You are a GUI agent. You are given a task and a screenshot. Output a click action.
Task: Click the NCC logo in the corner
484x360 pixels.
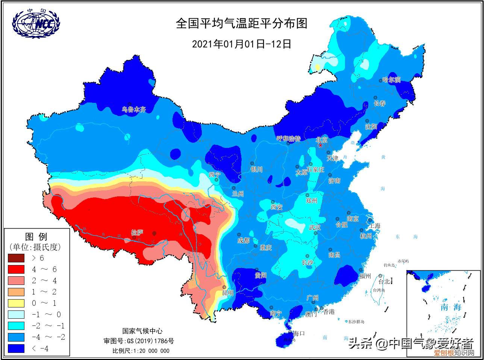pyautogui.click(x=36, y=24)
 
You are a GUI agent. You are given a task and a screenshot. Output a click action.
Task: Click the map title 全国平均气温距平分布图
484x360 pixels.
pyautogui.click(x=242, y=23)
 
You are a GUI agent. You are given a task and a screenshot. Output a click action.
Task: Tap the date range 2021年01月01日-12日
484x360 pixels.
pyautogui.click(x=242, y=44)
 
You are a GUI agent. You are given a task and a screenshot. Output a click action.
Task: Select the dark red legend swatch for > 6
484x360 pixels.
pyautogui.click(x=16, y=258)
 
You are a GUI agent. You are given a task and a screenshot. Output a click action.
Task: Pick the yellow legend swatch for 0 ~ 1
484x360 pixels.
pyautogui.click(x=16, y=303)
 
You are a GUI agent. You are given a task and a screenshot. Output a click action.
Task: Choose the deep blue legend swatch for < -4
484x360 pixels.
pyautogui.click(x=16, y=348)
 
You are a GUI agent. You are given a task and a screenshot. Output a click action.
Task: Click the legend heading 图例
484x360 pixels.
pyautogui.click(x=36, y=236)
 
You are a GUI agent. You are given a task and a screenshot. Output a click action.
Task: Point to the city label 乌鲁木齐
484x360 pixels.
pyautogui.click(x=134, y=110)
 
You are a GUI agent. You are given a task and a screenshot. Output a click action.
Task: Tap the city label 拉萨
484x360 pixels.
pyautogui.click(x=137, y=233)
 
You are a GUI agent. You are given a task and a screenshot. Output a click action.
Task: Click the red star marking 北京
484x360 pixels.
pyautogui.click(x=320, y=145)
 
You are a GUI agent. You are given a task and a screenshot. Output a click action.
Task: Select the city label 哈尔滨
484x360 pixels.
pyautogui.click(x=391, y=80)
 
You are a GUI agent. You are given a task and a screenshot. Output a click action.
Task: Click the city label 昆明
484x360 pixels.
pyautogui.click(x=228, y=293)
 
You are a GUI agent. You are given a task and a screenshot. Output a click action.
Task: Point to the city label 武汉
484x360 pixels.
pyautogui.click(x=315, y=227)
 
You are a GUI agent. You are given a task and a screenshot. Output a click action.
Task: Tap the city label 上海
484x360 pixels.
pyautogui.click(x=374, y=226)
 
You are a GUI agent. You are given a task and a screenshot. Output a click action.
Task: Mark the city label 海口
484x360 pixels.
pyautogui.click(x=299, y=333)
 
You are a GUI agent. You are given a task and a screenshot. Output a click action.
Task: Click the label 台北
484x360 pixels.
pyautogui.click(x=384, y=281)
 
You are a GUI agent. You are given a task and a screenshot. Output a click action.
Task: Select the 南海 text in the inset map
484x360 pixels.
pyautogui.click(x=451, y=307)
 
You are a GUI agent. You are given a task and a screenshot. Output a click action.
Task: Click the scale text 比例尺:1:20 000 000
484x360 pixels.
pyautogui.click(x=141, y=351)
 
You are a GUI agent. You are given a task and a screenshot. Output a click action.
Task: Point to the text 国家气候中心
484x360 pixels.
pyautogui.click(x=142, y=331)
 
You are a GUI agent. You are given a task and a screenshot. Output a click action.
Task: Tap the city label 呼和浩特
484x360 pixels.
pyautogui.click(x=289, y=139)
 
